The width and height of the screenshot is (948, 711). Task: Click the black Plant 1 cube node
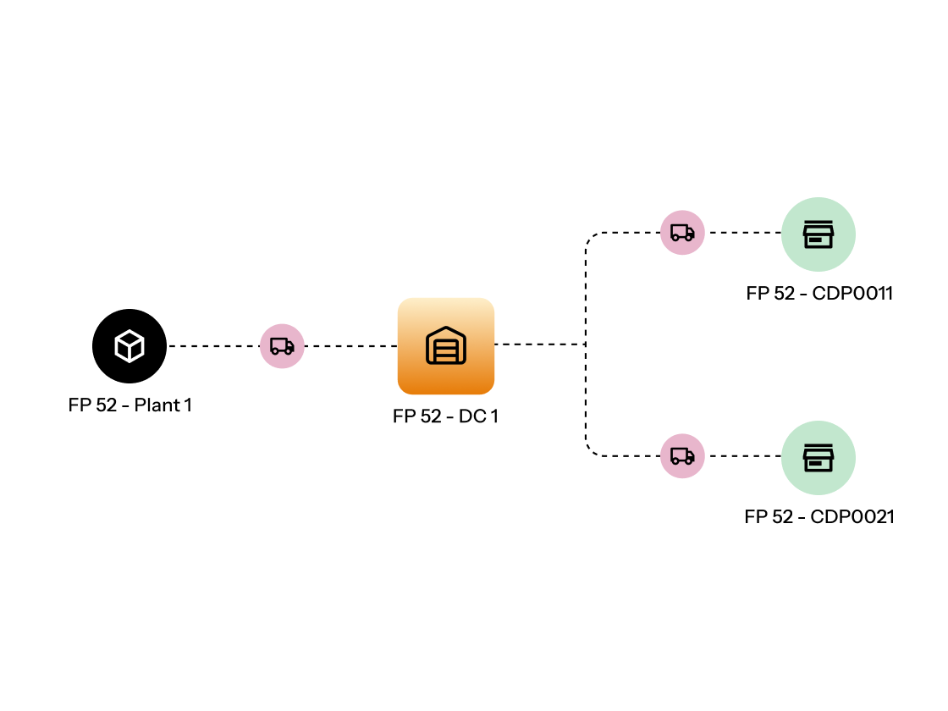click(x=130, y=346)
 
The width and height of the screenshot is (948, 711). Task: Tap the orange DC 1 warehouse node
click(x=446, y=346)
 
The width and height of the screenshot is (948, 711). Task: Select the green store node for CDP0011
click(x=818, y=234)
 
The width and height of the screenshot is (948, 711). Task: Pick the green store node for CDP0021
click(x=818, y=458)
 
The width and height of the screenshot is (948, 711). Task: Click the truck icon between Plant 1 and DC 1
click(x=282, y=346)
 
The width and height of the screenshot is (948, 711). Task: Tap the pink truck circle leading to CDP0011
click(x=682, y=233)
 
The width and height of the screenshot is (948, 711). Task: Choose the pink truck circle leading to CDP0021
click(x=682, y=456)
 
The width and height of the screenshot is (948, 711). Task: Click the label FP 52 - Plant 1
click(x=130, y=405)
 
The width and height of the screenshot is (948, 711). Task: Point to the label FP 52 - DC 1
click(x=445, y=416)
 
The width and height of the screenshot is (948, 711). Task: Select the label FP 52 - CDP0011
click(x=819, y=294)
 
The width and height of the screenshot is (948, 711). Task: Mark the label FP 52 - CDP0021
click(x=819, y=517)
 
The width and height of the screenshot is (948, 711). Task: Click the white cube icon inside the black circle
click(x=130, y=346)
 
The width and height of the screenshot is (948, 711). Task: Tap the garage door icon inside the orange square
click(x=446, y=347)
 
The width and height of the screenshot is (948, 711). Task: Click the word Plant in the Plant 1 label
click(x=157, y=405)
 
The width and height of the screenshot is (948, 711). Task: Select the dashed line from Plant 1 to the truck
click(x=213, y=346)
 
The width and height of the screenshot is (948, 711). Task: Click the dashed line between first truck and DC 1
click(x=350, y=346)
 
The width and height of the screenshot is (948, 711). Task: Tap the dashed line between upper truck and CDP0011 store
click(x=742, y=233)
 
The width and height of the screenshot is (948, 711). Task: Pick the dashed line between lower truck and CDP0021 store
click(x=742, y=456)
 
